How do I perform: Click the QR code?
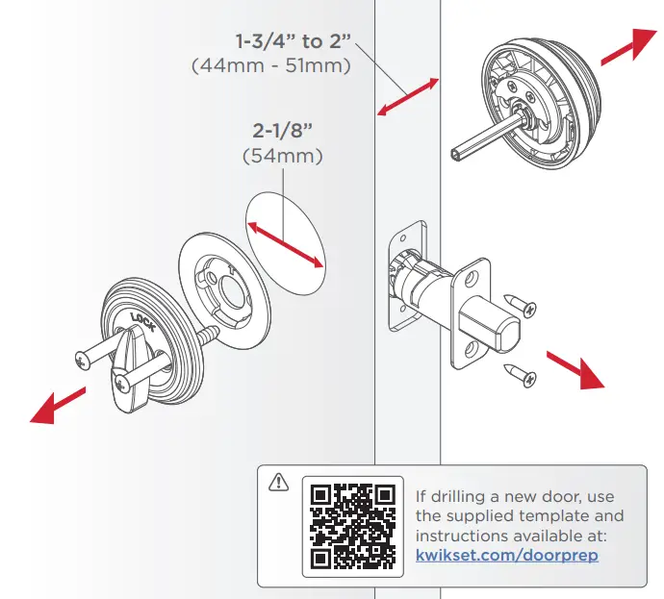[x=353, y=524]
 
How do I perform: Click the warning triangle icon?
[x=279, y=480]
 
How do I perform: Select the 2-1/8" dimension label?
[x=283, y=131]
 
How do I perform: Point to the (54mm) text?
[x=283, y=155]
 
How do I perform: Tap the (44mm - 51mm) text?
[x=271, y=66]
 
